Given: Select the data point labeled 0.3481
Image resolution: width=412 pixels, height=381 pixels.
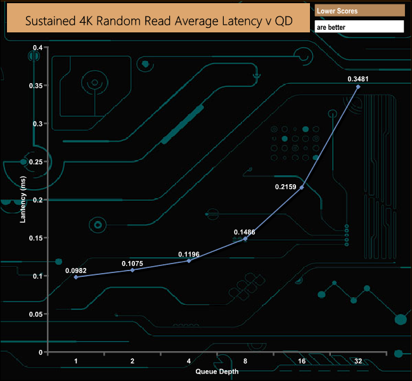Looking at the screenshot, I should tap(358, 86).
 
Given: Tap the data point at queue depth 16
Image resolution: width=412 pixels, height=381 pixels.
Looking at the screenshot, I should tap(302, 187).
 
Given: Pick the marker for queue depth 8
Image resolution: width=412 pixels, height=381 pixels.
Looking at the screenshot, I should tap(245, 239).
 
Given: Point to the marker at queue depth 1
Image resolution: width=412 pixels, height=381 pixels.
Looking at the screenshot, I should tap(76, 277).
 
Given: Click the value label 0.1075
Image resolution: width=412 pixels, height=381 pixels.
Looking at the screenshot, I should tap(132, 264).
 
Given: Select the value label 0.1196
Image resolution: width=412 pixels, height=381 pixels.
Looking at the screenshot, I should tap(189, 255).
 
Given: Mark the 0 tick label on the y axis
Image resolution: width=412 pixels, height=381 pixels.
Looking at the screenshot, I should tap(41, 352).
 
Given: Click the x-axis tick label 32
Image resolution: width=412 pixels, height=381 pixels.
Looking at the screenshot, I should tap(358, 361).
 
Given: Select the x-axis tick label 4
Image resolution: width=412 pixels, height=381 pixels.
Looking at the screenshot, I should tap(189, 361).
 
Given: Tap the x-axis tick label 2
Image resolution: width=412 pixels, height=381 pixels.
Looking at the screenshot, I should tap(132, 361).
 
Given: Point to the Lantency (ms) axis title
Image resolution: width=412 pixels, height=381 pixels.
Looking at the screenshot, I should tap(23, 199).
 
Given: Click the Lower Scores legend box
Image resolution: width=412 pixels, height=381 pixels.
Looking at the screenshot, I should tap(359, 11).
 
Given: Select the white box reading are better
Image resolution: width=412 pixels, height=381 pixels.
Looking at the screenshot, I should tap(359, 27).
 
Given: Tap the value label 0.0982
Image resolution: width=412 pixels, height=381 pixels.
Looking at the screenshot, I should tap(76, 271).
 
